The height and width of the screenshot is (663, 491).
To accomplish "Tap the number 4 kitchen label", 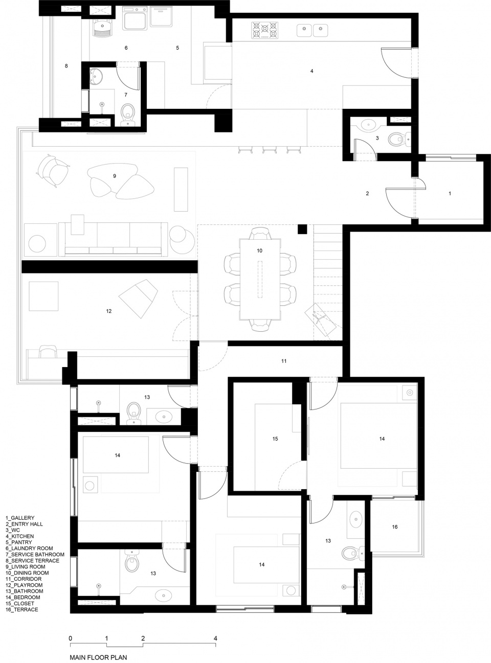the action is tap(312, 71).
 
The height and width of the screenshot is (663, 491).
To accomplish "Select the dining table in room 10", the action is tap(260, 279).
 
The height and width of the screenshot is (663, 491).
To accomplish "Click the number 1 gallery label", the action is tap(450, 194).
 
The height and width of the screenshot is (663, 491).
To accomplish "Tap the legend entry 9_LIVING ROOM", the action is tap(26, 567).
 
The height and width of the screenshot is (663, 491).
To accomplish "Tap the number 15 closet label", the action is tap(275, 439).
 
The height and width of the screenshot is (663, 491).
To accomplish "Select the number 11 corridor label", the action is tap(284, 361).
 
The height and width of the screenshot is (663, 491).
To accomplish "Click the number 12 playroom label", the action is tap(108, 311).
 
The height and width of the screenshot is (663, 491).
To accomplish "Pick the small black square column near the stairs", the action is tap(302, 230).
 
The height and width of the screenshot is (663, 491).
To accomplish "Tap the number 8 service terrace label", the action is tap(66, 66).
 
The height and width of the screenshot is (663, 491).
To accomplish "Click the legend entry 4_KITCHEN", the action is tap(19, 536).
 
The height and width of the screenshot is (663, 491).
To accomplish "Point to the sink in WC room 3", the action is tap(369, 124).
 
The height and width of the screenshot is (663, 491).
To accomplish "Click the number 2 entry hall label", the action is tap(367, 194).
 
